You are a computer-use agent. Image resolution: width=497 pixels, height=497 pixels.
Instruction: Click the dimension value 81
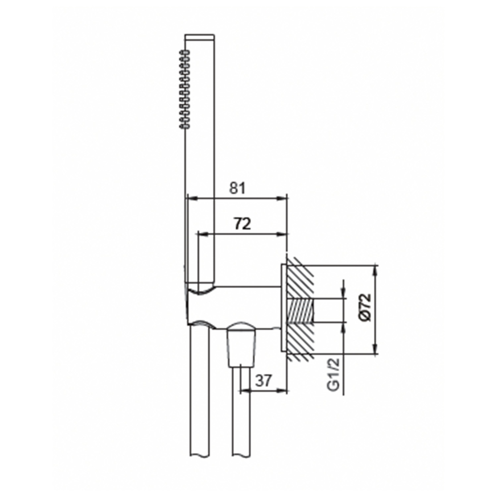(x=238, y=188)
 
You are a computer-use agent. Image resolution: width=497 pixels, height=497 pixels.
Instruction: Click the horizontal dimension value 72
(x=242, y=224)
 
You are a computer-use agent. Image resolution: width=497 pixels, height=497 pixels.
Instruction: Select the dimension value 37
(x=263, y=381)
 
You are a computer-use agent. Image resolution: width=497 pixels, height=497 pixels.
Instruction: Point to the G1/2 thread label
(x=334, y=374)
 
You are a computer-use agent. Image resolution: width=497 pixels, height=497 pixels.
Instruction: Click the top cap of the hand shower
(x=200, y=36)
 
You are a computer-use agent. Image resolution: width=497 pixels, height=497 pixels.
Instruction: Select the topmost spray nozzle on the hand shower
(x=184, y=52)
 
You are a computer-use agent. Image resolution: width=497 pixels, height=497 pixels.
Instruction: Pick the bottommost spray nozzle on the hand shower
(x=184, y=126)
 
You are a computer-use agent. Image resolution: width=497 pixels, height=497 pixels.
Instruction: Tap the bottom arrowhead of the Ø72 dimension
(x=375, y=350)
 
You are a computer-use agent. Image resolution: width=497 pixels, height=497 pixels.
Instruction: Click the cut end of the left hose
(x=199, y=456)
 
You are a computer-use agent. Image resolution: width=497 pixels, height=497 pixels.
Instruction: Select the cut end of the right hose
(x=241, y=456)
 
